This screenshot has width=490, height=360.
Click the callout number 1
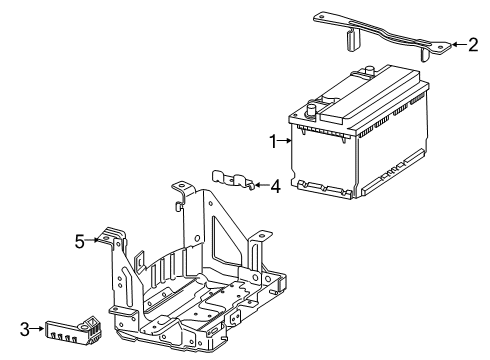271,142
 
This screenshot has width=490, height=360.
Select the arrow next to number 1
286,142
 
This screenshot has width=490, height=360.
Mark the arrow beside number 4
261,185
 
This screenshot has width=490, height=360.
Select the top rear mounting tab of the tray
181,187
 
